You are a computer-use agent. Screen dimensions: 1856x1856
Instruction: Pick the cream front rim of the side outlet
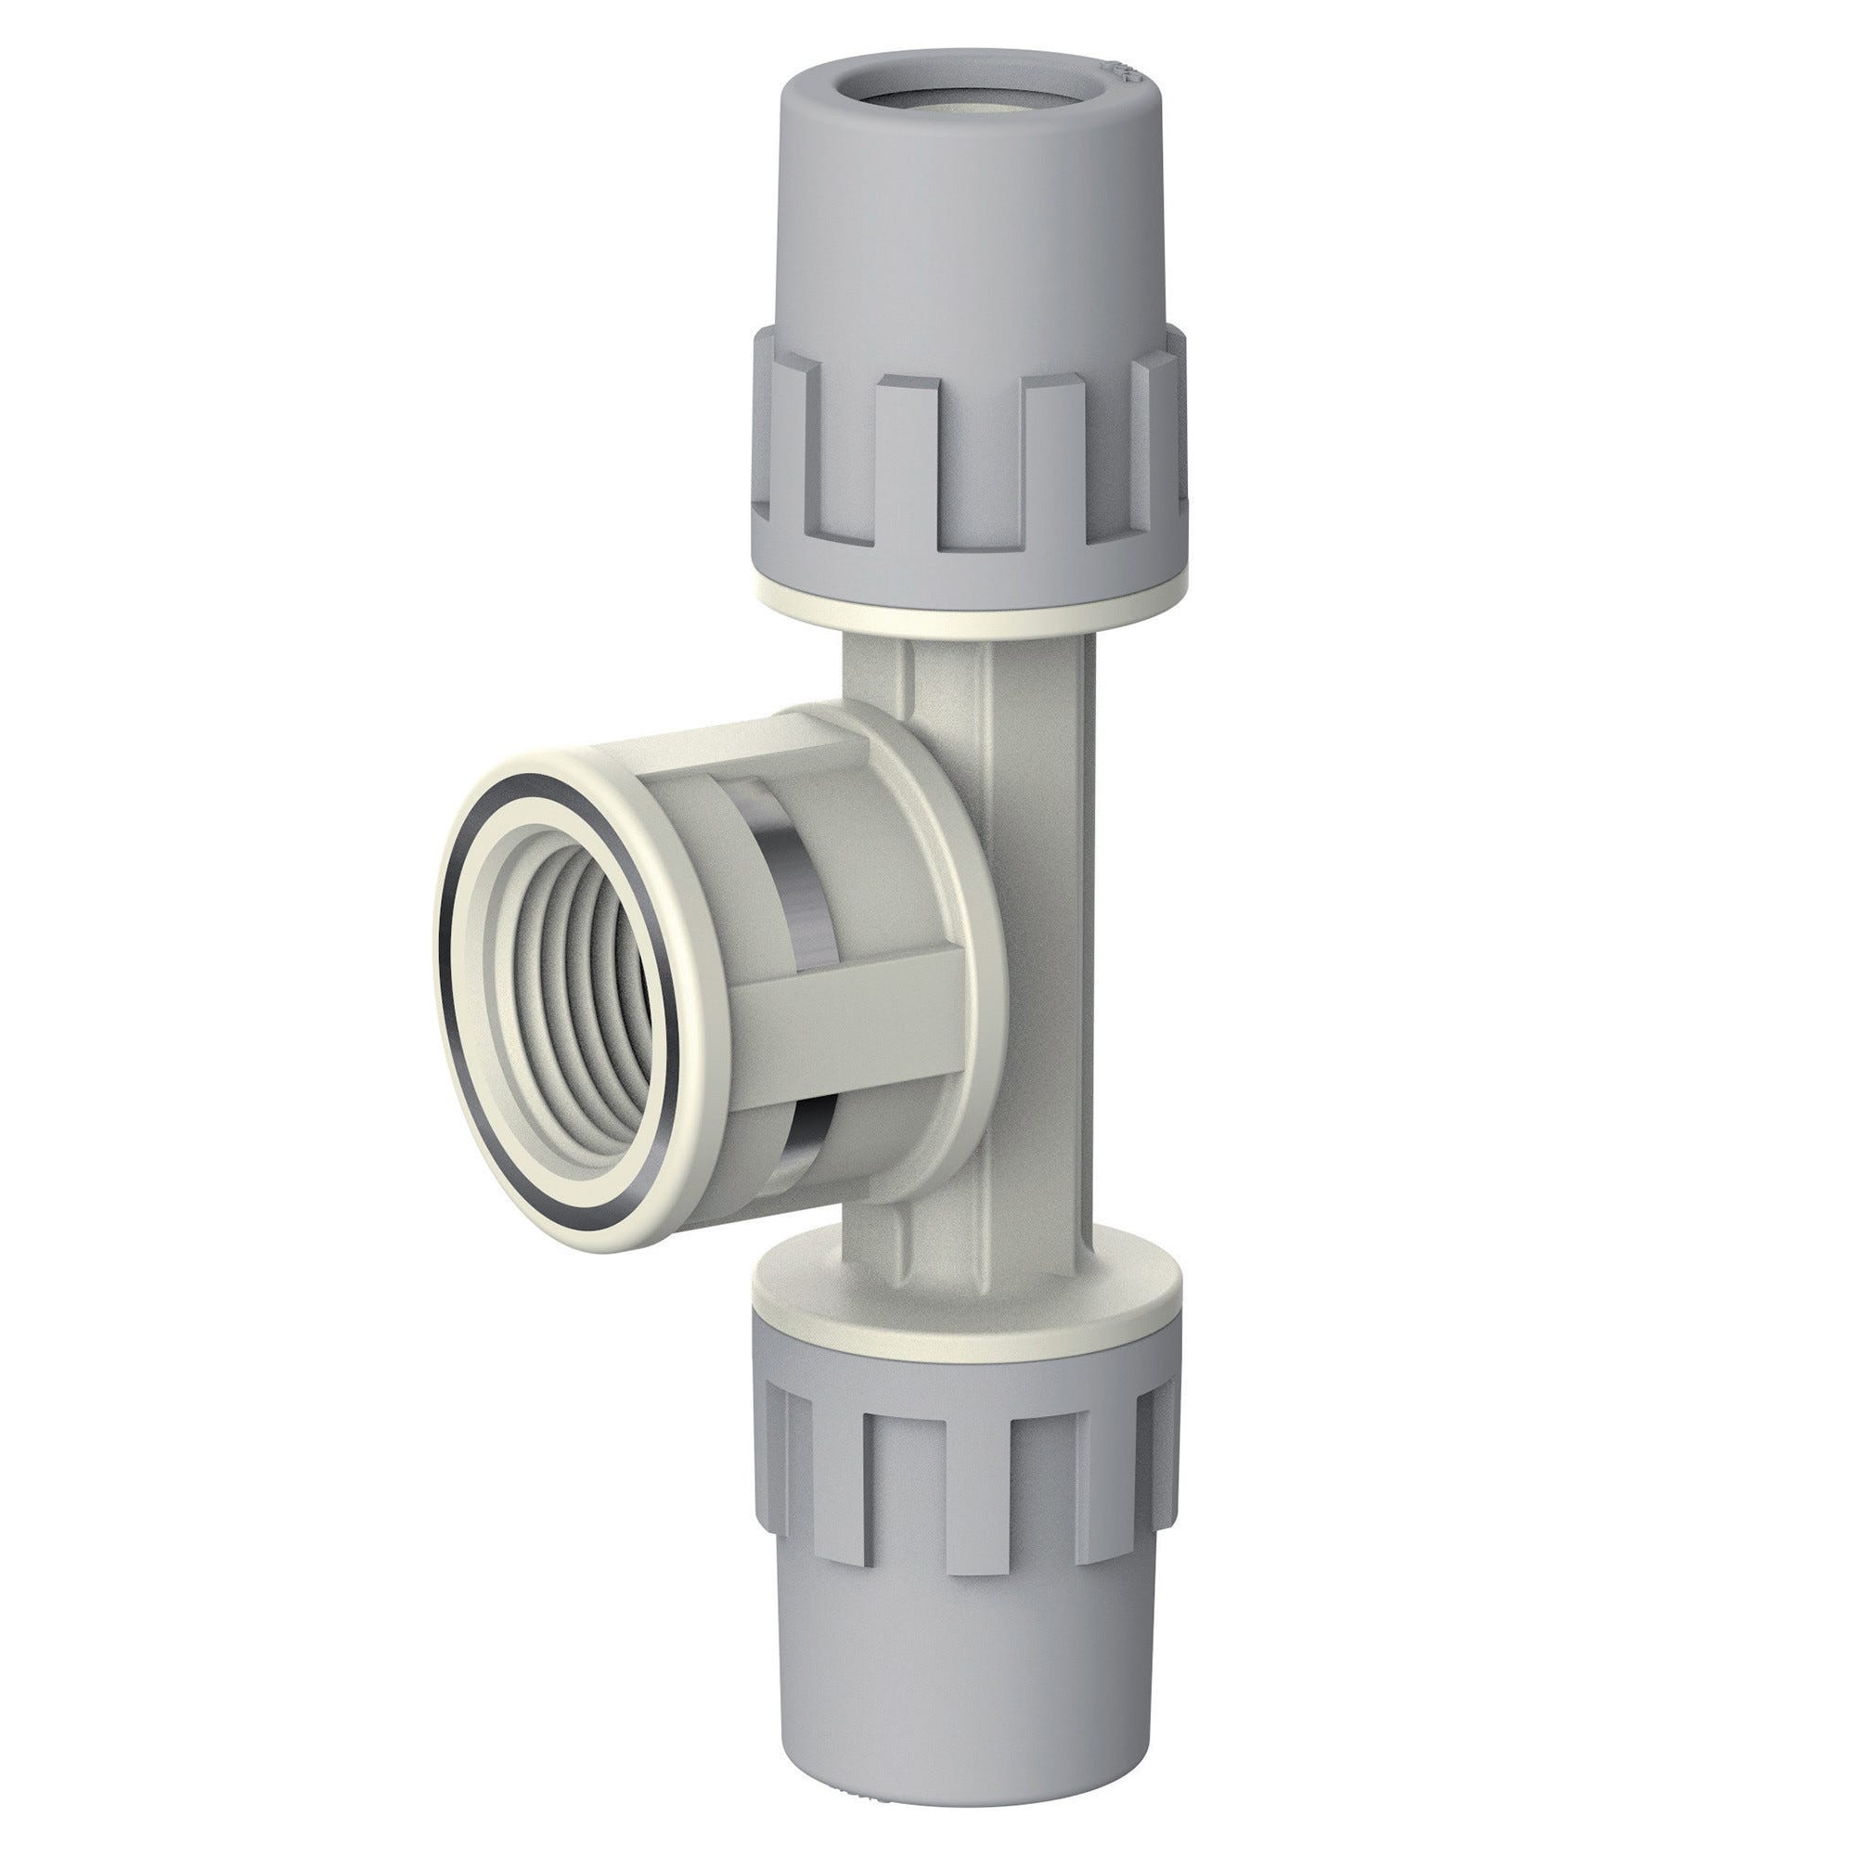click(499, 826)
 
